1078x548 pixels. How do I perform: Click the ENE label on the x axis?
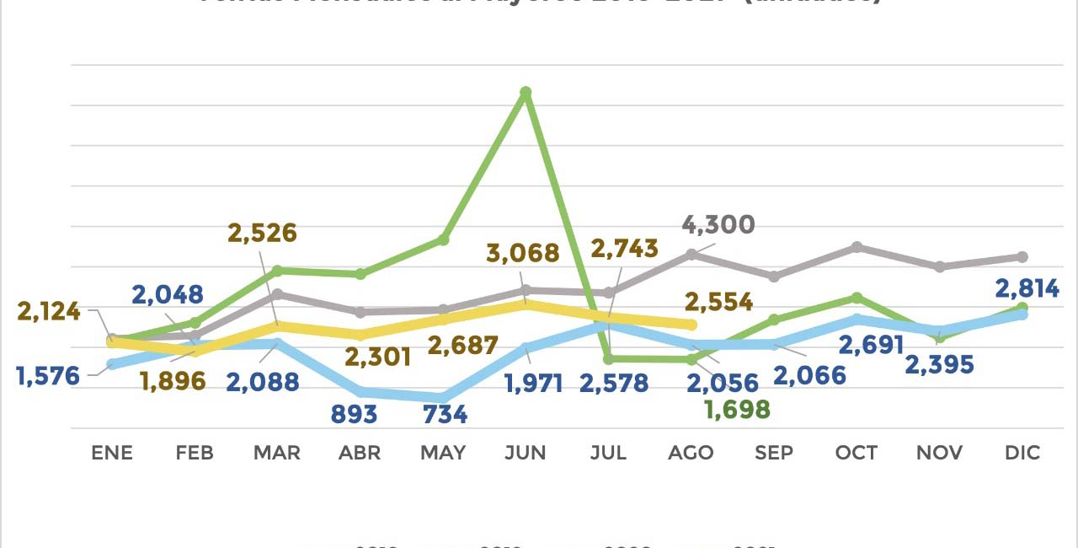point(112,453)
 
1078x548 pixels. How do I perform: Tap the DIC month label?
point(1022,453)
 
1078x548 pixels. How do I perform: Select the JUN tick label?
point(526,453)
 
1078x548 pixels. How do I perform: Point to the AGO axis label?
point(691,453)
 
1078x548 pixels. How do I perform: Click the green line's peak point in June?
point(526,92)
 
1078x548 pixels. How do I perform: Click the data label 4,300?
point(718,226)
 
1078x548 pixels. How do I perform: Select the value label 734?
point(445,414)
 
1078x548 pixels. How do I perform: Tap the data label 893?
point(354,414)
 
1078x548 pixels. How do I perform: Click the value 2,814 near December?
point(1027,289)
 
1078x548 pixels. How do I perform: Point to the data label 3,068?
point(523,253)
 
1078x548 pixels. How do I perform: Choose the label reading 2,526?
point(263,233)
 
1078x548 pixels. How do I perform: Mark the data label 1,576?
point(47,376)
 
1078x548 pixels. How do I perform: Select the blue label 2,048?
point(167,294)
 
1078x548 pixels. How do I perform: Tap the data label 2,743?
point(624,248)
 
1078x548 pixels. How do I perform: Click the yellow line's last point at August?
point(692,325)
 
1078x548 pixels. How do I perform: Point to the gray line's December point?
point(1022,256)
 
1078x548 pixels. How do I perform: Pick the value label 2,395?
point(938,365)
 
